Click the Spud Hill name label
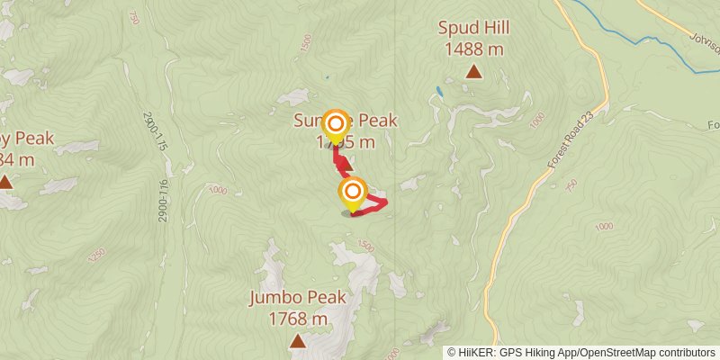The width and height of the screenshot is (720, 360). click(x=472, y=28)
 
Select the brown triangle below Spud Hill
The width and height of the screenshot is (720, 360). click(x=473, y=71)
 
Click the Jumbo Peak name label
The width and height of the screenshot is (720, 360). click(x=297, y=298)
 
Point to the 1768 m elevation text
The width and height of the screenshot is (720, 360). click(x=297, y=318)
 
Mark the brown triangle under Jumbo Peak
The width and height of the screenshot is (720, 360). click(x=297, y=341)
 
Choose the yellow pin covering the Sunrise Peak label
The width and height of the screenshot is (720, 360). click(x=336, y=124)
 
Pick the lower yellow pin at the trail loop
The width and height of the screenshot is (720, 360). click(x=353, y=193)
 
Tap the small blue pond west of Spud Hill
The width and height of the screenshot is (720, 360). click(x=438, y=91)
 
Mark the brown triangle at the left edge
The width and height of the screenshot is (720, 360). click(x=5, y=182)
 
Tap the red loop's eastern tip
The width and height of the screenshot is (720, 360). click(x=386, y=203)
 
